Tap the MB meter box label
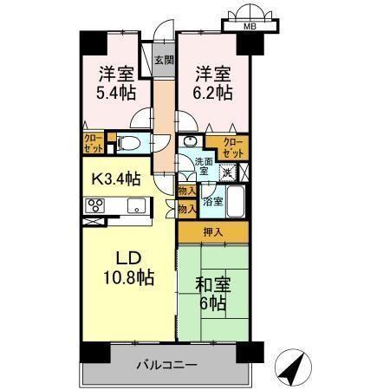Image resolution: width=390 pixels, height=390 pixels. [250, 26]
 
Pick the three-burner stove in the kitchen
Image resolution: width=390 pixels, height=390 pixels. [94, 206]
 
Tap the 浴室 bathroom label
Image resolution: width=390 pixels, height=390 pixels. [212, 201]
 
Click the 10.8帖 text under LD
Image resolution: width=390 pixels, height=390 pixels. [125, 278]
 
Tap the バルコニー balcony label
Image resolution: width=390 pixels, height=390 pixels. [165, 366]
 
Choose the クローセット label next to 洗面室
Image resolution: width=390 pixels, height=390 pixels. [230, 146]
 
